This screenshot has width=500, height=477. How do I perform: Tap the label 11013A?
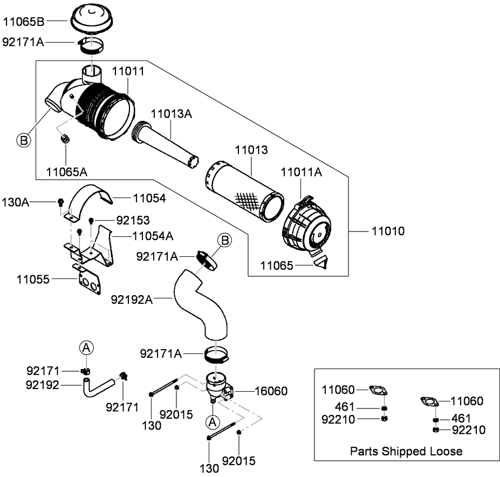[172, 114]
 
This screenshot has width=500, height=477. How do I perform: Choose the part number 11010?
[388, 231]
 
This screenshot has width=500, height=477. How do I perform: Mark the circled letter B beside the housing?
[23, 141]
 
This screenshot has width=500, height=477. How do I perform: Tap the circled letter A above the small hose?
[87, 349]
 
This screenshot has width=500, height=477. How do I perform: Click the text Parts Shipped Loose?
[406, 451]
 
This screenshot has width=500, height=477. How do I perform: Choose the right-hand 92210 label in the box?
[468, 430]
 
